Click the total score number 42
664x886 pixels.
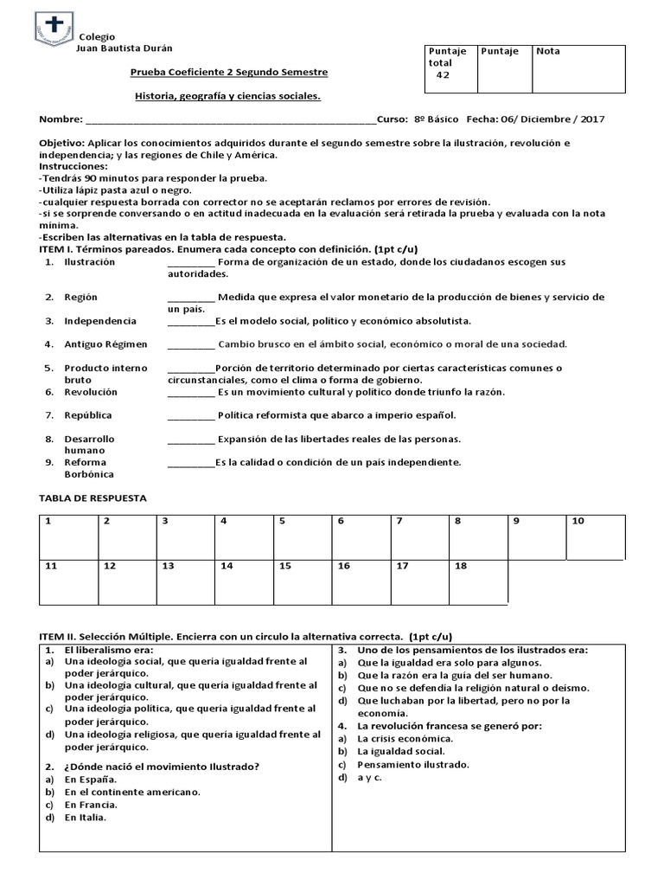pyautogui.click(x=443, y=75)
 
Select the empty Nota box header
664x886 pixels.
pyautogui.click(x=578, y=69)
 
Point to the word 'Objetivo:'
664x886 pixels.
pyautogui.click(x=62, y=142)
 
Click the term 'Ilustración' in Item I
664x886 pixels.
pyautogui.click(x=90, y=261)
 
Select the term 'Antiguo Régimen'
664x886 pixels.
pyautogui.click(x=105, y=343)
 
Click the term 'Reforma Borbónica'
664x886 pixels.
pyautogui.click(x=89, y=468)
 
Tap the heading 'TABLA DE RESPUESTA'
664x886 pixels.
pyautogui.click(x=93, y=498)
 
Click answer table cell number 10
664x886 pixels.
pyautogui.click(x=595, y=536)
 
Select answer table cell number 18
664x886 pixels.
pyautogui.click(x=478, y=581)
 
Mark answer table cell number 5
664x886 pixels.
pyautogui.click(x=303, y=536)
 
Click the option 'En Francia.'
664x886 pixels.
pyautogui.click(x=91, y=804)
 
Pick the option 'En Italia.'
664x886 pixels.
pyautogui.click(x=86, y=817)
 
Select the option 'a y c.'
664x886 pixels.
pyautogui.click(x=369, y=777)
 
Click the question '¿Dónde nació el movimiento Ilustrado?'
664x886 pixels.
pyautogui.click(x=162, y=766)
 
